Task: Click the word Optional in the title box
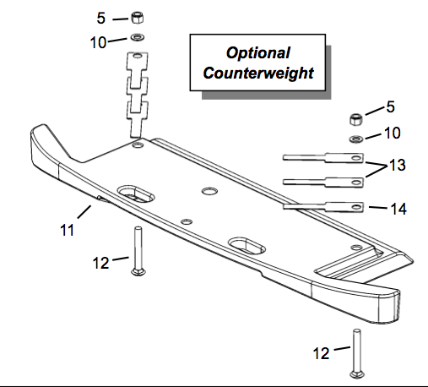pyautogui.click(x=257, y=53)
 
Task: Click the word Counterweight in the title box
pyautogui.click(x=258, y=74)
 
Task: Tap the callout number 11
pyautogui.click(x=67, y=230)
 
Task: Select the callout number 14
pyautogui.click(x=398, y=209)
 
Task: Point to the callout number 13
pyautogui.click(x=398, y=165)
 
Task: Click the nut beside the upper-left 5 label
pyautogui.click(x=137, y=18)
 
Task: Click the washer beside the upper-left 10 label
pyautogui.click(x=138, y=37)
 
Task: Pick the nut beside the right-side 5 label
pyautogui.click(x=356, y=119)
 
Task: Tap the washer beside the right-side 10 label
pyautogui.click(x=356, y=139)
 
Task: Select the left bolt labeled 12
pyautogui.click(x=138, y=251)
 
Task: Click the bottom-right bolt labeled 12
pyautogui.click(x=357, y=353)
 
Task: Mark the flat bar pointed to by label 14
pyautogui.click(x=323, y=207)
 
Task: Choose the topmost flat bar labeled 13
pyautogui.click(x=323, y=158)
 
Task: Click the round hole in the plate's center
pyautogui.click(x=209, y=192)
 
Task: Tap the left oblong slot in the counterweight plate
pyautogui.click(x=136, y=193)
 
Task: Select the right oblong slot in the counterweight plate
pyautogui.click(x=247, y=246)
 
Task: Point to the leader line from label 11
pyautogui.click(x=84, y=212)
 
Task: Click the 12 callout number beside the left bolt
pyautogui.click(x=100, y=263)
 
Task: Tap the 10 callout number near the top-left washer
pyautogui.click(x=98, y=43)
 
